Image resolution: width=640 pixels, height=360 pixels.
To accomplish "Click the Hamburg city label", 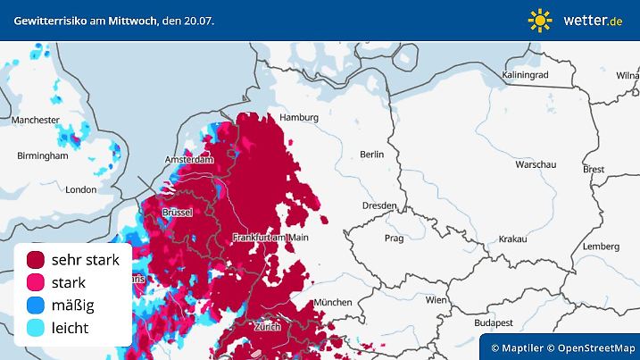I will pyautogui.click(x=299, y=118).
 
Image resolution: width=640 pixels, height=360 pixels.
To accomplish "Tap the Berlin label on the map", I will pyautogui.click(x=371, y=155).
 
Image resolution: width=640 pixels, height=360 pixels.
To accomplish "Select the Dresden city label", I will pyautogui.click(x=379, y=205).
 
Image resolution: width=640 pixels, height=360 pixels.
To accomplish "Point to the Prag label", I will pyautogui.click(x=394, y=239).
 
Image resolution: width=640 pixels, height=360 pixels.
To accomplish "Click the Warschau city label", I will pyautogui.click(x=536, y=165).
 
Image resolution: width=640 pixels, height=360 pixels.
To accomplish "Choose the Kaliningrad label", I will pyautogui.click(x=526, y=75).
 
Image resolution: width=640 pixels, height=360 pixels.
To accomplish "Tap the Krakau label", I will pyautogui.click(x=512, y=239).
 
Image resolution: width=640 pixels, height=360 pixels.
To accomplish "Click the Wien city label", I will pyautogui.click(x=436, y=300).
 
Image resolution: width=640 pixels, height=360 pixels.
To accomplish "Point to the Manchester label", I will pyautogui.click(x=36, y=120).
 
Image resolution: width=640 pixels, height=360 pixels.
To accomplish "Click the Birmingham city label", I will pyautogui.click(x=43, y=155).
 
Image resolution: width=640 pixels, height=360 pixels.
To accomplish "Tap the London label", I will pyautogui.click(x=80, y=189).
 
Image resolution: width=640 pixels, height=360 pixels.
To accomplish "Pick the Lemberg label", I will pyautogui.click(x=600, y=246).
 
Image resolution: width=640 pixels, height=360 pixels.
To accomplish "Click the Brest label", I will pyautogui.click(x=593, y=169).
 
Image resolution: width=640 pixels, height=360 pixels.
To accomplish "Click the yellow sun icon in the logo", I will pyautogui.click(x=540, y=20).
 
